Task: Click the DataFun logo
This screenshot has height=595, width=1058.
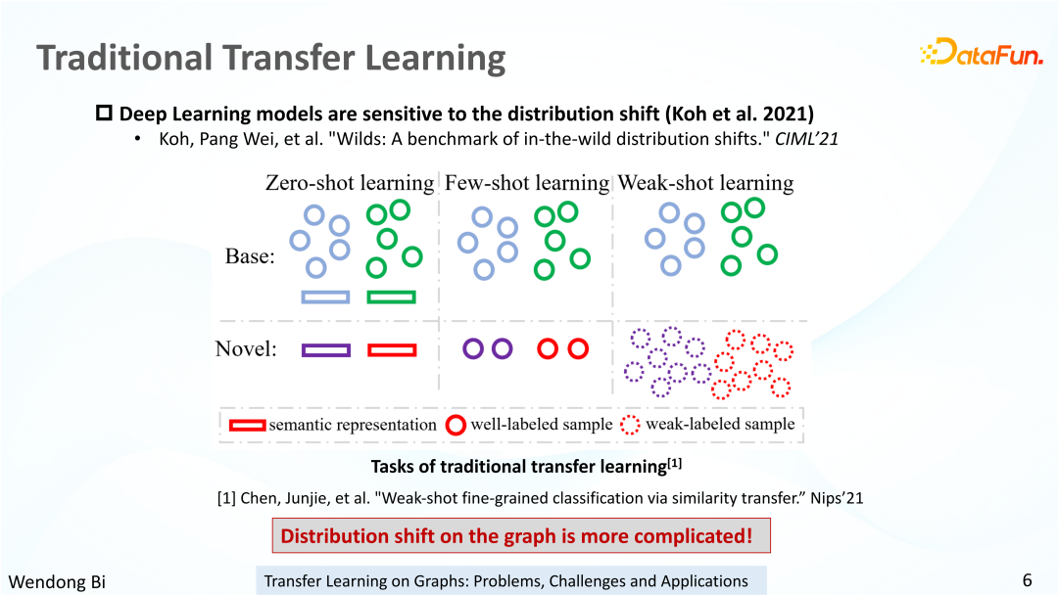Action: (x=982, y=52)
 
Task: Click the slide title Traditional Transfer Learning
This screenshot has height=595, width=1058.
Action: (x=271, y=58)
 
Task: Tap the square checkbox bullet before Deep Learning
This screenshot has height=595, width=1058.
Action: (x=104, y=113)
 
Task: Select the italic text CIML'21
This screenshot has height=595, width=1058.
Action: (x=806, y=139)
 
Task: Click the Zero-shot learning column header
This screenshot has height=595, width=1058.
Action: (x=350, y=183)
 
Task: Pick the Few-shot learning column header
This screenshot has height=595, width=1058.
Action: (x=527, y=183)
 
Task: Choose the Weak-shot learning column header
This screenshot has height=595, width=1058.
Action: (x=705, y=183)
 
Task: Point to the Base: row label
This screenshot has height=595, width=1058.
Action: (x=250, y=256)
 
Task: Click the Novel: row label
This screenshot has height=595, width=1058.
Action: (x=246, y=348)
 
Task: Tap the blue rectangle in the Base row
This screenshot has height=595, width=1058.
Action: (x=325, y=297)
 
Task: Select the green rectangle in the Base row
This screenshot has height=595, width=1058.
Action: (x=391, y=297)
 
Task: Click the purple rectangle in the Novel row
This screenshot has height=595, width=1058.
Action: (x=326, y=350)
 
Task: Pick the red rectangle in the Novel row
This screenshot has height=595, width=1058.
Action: (x=392, y=350)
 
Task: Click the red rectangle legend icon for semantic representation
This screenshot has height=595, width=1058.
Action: (x=248, y=426)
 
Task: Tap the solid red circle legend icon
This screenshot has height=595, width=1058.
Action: (x=456, y=425)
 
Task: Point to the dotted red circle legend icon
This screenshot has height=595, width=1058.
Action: (x=630, y=425)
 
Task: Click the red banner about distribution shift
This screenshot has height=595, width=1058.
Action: (x=521, y=535)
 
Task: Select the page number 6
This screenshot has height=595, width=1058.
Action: (x=1027, y=580)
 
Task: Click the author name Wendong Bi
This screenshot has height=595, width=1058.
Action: (x=58, y=581)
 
